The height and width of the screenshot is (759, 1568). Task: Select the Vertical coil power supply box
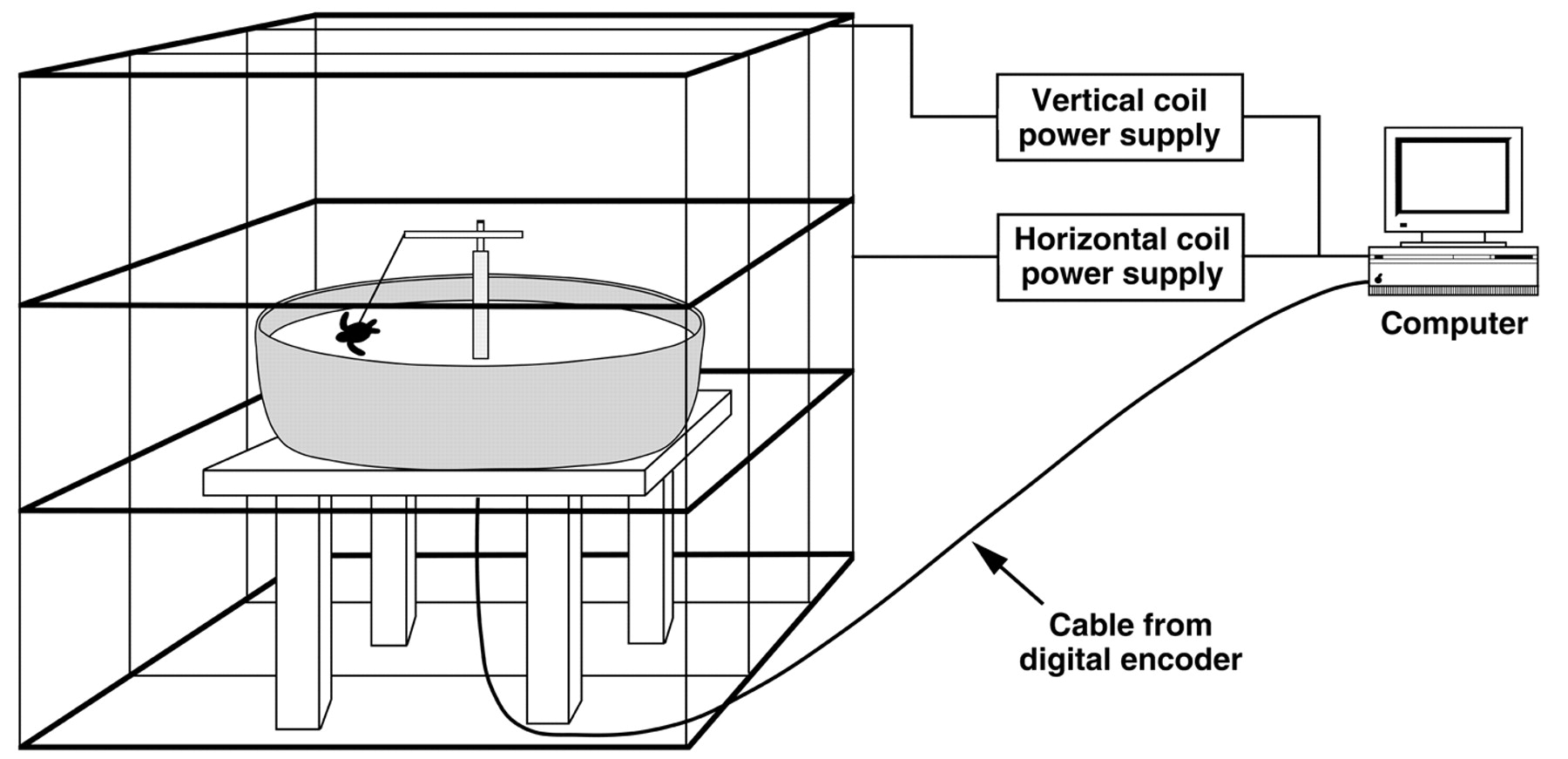click(1119, 118)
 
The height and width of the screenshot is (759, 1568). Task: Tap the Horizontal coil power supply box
click(1120, 257)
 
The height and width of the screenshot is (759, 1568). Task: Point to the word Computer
click(1454, 324)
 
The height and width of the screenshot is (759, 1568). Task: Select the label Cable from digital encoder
click(1130, 642)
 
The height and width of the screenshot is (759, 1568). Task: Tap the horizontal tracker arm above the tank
click(463, 234)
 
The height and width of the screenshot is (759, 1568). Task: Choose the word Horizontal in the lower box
click(1078, 240)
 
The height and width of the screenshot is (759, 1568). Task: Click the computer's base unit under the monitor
click(1452, 271)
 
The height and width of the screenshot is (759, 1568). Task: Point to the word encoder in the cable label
click(1188, 660)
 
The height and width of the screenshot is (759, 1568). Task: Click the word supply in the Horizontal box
click(1173, 274)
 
